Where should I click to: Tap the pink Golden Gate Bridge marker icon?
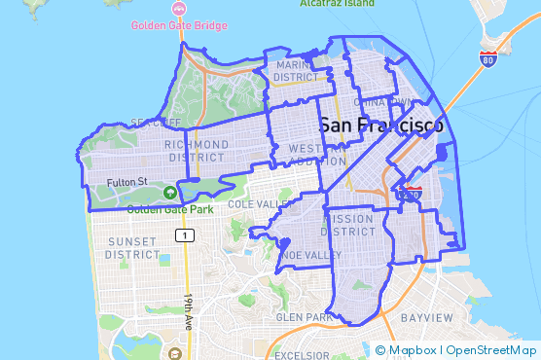(178, 9)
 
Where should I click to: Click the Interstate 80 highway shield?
(487, 59)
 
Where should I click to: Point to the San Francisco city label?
(380, 126)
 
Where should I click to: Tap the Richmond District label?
(198, 151)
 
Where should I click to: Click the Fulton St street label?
(127, 181)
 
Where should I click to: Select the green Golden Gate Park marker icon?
(169, 193)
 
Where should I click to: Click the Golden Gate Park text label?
(169, 208)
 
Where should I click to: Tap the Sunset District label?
(132, 247)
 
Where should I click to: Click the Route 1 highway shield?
(181, 235)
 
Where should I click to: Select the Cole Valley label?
(259, 204)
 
